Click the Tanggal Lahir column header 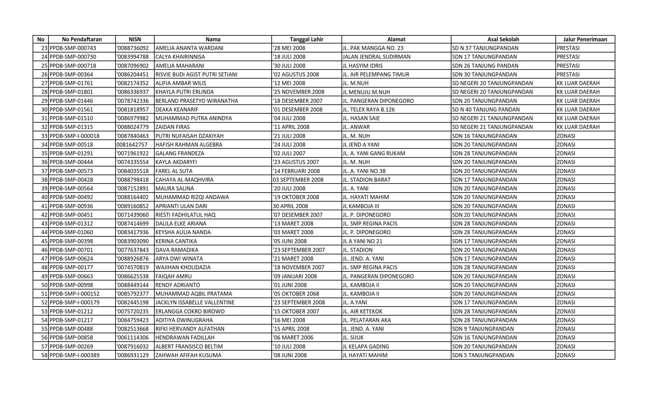[306, 39]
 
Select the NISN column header [135, 39]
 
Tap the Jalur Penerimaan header [585, 39]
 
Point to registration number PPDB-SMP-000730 [73, 57]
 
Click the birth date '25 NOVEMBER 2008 [298, 92]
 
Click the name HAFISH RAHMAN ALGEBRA [189, 145]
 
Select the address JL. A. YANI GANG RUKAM [374, 153]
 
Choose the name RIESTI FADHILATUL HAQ [185, 215]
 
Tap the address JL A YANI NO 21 [362, 241]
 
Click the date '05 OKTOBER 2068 [296, 294]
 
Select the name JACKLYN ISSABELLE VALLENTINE [195, 303]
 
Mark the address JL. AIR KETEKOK [362, 312]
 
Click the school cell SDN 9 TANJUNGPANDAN [483, 329]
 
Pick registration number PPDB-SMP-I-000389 [75, 355]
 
